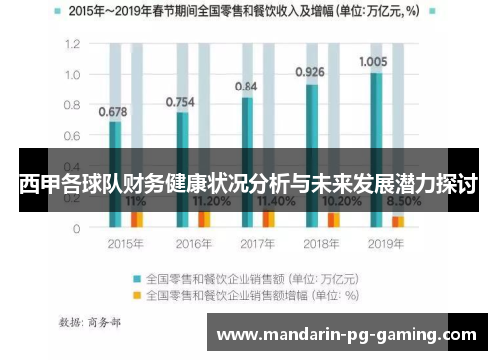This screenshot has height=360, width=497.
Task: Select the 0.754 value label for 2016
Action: click(x=179, y=101)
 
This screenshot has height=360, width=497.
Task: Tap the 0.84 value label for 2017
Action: click(x=246, y=87)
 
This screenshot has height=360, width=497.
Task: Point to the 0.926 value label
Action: click(x=310, y=72)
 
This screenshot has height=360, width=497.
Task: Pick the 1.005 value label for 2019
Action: click(x=373, y=61)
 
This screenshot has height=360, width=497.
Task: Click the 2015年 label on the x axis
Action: click(x=125, y=243)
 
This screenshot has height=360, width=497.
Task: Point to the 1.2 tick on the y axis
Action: click(x=72, y=44)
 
